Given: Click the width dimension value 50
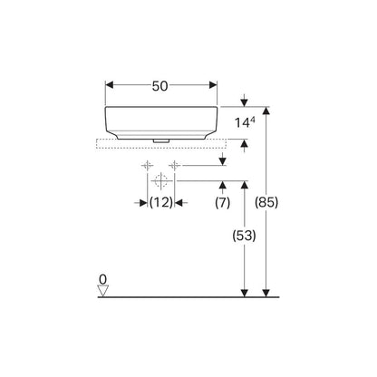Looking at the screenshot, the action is point(159,86).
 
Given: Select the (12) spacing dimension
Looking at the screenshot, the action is point(161,202).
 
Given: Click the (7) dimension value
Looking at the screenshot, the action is point(223,203).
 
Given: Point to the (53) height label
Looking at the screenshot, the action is point(244,236).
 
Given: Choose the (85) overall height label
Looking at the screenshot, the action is point(266,202).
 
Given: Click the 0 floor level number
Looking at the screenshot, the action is point(103,279).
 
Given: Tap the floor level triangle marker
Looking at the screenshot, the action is point(103,291).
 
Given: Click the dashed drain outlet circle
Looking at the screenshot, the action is point(161,181).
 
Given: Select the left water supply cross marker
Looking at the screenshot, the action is point(147,166).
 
